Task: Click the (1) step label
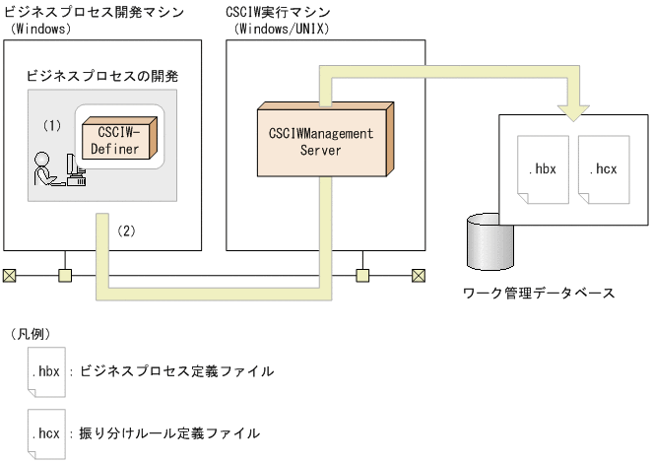52,126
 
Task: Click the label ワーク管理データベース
539,293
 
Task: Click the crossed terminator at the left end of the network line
9,275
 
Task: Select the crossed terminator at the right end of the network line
418,275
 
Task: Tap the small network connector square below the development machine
66,275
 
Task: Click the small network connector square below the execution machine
361,275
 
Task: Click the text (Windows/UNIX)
281,29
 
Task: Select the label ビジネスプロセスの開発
95,76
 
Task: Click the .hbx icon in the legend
46,372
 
